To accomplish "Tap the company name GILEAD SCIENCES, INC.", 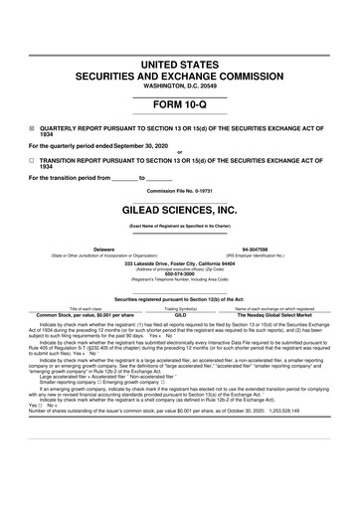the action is [180, 211].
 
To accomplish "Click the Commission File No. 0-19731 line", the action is [180, 190].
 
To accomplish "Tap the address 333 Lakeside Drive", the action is [180, 263].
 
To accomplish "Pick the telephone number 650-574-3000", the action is [180, 276].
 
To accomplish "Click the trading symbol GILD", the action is [180, 314].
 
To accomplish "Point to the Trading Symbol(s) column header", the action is [180, 308].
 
